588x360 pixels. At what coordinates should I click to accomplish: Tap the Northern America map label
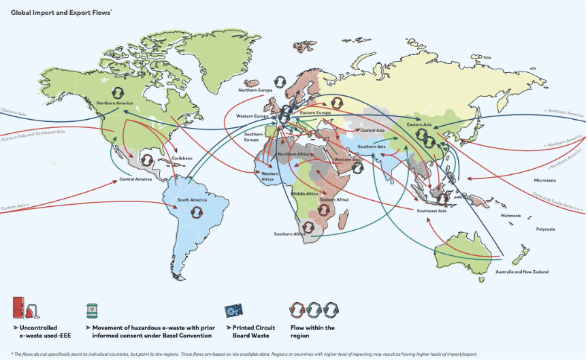pyautogui.click(x=114, y=103)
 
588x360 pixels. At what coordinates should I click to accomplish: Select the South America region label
pyautogui.click(x=192, y=200)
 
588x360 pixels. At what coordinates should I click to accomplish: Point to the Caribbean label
pyautogui.click(x=182, y=157)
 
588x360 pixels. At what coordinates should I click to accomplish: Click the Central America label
pyautogui.click(x=135, y=180)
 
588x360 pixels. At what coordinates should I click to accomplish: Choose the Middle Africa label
pyautogui.click(x=304, y=194)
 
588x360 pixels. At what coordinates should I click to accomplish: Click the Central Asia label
pyautogui.click(x=372, y=130)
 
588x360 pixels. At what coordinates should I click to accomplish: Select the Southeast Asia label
pyautogui.click(x=431, y=212)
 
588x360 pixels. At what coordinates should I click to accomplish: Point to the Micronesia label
pyautogui.click(x=544, y=180)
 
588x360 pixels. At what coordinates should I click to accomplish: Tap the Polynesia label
pyautogui.click(x=546, y=229)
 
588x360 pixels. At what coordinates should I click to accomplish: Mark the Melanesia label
pyautogui.click(x=510, y=215)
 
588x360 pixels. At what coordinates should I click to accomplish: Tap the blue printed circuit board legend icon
pyautogui.click(x=235, y=310)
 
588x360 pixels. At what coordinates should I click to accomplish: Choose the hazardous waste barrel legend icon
pyautogui.click(x=92, y=310)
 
